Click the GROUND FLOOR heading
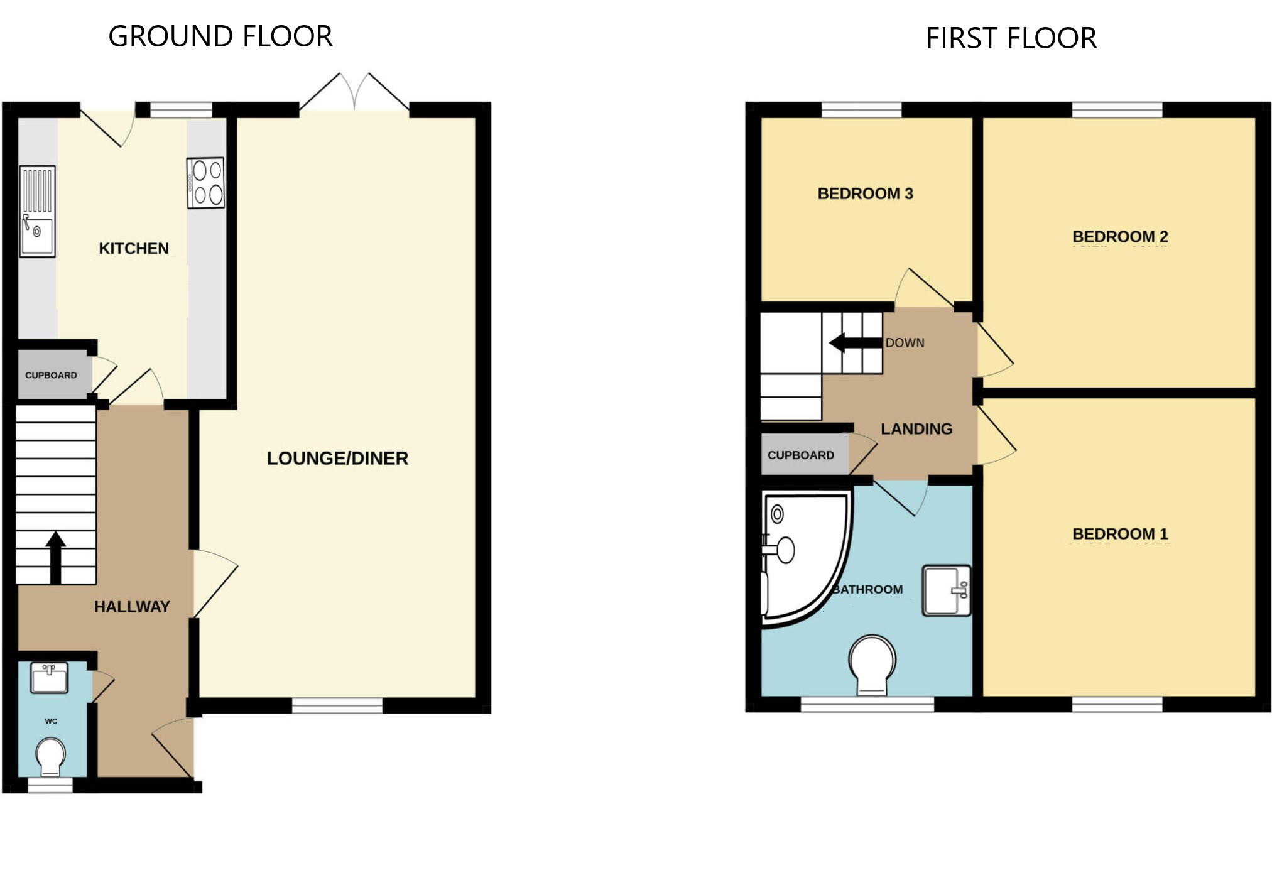(220, 36)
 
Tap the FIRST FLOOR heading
(1011, 38)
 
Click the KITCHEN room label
(134, 249)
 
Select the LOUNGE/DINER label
(337, 459)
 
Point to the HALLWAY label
(132, 607)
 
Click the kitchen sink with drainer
(38, 211)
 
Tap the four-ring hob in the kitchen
(205, 183)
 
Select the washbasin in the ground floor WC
(50, 678)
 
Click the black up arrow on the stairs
(55, 558)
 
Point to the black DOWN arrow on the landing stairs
(856, 343)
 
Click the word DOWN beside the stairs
(905, 343)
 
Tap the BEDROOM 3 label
(865, 193)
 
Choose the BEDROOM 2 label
(1120, 237)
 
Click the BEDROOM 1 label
(1120, 534)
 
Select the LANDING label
(916, 429)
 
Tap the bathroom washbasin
(947, 590)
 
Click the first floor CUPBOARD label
(801, 455)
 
